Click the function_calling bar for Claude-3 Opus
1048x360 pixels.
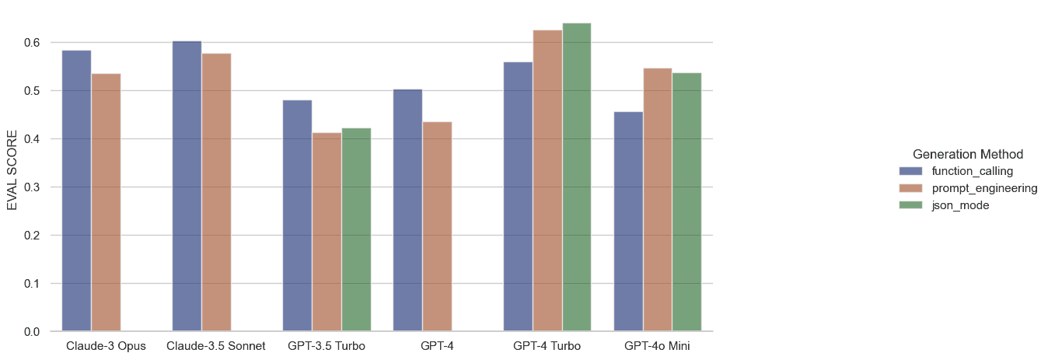(x=77, y=190)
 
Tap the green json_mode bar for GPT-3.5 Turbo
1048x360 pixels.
(x=356, y=229)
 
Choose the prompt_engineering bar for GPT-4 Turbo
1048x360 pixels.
(x=547, y=180)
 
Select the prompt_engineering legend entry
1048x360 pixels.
(x=984, y=188)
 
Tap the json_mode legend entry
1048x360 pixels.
(x=960, y=205)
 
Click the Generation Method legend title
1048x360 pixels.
(x=967, y=154)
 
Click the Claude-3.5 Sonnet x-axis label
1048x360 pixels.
(x=216, y=345)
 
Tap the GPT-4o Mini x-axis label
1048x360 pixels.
(x=657, y=345)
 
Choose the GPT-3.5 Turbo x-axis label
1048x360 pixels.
(x=327, y=345)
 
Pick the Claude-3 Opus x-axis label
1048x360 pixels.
(x=106, y=345)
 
